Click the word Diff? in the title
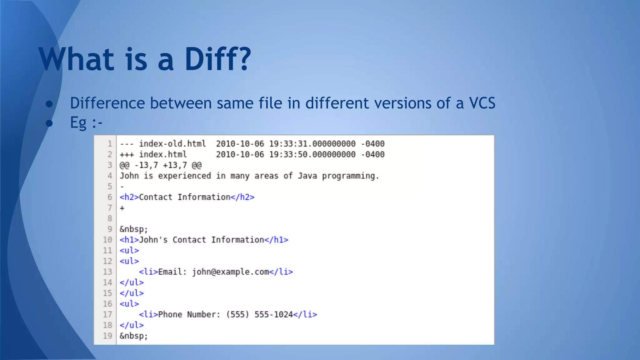pos(218,59)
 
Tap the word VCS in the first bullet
pos(482,103)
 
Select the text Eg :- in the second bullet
pos(86,122)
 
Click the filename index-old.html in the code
pos(172,144)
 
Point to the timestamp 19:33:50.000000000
pos(312,154)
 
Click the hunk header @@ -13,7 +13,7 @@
pos(160,165)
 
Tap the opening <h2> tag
pos(129,197)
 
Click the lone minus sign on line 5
pos(122,187)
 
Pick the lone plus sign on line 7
pos(122,208)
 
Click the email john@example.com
pos(230,272)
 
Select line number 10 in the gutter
pos(107,240)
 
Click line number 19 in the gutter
pos(107,336)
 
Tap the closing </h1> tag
pos(276,240)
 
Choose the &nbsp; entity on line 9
pos(133,229)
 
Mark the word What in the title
pos(77,59)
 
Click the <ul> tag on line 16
pos(129,304)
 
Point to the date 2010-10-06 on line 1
pos(240,144)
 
